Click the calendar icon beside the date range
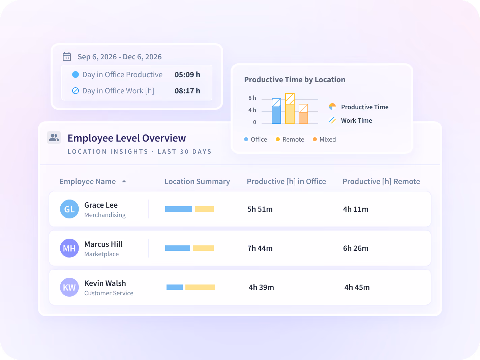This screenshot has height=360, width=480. pyautogui.click(x=67, y=57)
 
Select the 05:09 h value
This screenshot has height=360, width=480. pyautogui.click(x=187, y=74)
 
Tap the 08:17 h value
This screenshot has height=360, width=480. pyautogui.click(x=187, y=91)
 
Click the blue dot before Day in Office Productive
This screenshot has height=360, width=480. pyautogui.click(x=76, y=74)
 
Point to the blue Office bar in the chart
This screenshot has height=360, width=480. pyautogui.click(x=276, y=111)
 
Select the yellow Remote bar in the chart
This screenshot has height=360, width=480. pyautogui.click(x=290, y=109)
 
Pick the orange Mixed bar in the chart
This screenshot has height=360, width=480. pyautogui.click(x=303, y=114)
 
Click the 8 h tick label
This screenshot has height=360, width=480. pyautogui.click(x=252, y=98)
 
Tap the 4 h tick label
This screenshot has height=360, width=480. pyautogui.click(x=252, y=110)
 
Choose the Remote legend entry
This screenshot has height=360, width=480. pyautogui.click(x=290, y=139)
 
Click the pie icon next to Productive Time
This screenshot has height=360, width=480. pyautogui.click(x=332, y=107)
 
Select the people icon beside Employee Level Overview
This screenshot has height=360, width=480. pyautogui.click(x=54, y=138)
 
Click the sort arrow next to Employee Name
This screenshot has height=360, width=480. pyautogui.click(x=124, y=181)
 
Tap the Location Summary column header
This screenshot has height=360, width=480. pyautogui.click(x=197, y=181)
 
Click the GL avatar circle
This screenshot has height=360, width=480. pyautogui.click(x=69, y=209)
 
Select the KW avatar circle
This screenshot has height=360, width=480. pyautogui.click(x=69, y=287)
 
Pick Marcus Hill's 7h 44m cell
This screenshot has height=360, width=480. pyautogui.click(x=260, y=248)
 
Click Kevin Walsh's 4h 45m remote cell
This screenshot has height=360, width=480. pyautogui.click(x=357, y=287)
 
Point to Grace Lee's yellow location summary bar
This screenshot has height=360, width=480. pyautogui.click(x=204, y=209)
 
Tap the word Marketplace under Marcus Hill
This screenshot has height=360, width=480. pyautogui.click(x=101, y=254)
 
